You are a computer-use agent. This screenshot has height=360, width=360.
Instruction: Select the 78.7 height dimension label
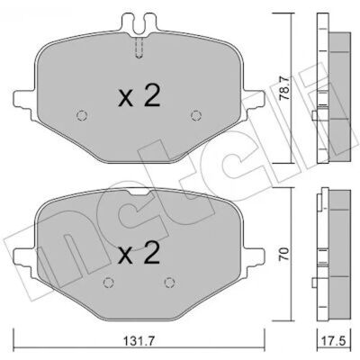click(284, 88)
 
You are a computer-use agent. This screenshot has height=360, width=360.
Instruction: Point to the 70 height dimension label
click(284, 254)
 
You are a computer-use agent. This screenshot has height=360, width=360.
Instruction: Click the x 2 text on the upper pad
click(139, 95)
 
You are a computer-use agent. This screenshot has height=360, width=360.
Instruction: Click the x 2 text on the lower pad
click(139, 253)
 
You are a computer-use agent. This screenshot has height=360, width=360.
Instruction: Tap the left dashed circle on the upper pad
click(82, 115)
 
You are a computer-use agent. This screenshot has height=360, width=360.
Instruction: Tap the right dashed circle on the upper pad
click(196, 115)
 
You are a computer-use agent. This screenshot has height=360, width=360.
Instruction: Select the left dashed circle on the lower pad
click(108, 283)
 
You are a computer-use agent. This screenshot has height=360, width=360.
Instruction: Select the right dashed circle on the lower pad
click(170, 283)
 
